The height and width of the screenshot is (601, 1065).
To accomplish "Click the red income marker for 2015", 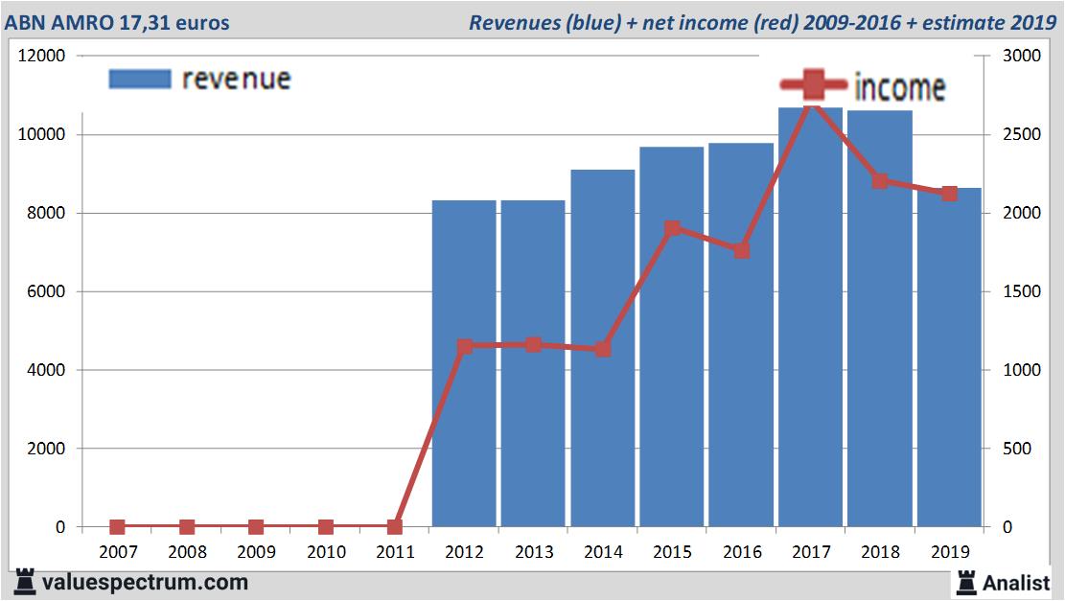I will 672,229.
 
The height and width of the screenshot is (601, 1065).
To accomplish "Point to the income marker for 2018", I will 880,181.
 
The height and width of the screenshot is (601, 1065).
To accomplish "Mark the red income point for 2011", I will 395,526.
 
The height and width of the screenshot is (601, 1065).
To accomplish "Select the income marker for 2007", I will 117,526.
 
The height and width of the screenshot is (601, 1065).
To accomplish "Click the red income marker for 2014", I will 602,349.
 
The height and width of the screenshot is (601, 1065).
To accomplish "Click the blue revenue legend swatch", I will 140,79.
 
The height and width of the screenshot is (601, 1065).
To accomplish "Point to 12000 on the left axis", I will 42,56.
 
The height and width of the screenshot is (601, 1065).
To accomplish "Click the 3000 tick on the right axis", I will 1021,56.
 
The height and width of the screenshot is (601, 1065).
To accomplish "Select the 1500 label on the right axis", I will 1021,291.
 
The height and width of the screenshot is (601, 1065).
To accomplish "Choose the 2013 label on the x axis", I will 533,552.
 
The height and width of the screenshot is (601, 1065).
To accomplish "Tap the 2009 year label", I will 256,552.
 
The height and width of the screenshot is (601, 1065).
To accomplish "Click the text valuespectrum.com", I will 144,582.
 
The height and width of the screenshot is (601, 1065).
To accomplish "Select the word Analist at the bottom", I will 1017,582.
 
